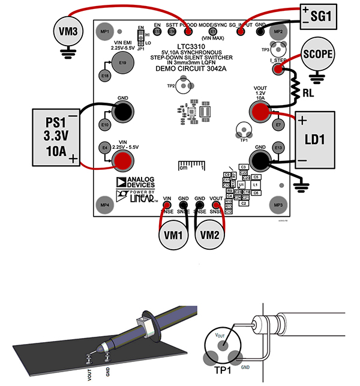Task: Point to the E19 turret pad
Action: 122,62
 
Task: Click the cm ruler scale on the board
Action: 190,164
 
